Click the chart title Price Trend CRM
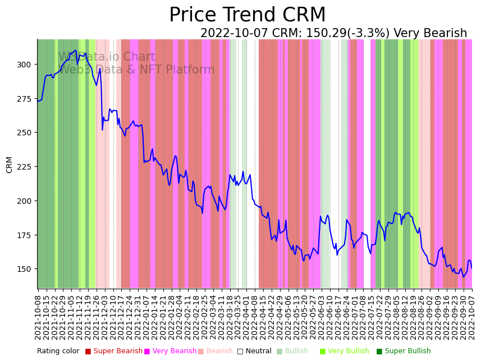coord(247,15)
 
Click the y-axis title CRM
coord(10,165)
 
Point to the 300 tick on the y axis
coord(24,65)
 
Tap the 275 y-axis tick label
coord(24,99)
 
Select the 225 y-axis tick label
coord(24,167)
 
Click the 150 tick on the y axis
coord(24,269)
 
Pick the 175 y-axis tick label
coord(24,235)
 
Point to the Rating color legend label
coord(58,352)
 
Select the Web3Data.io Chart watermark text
coord(107,57)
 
